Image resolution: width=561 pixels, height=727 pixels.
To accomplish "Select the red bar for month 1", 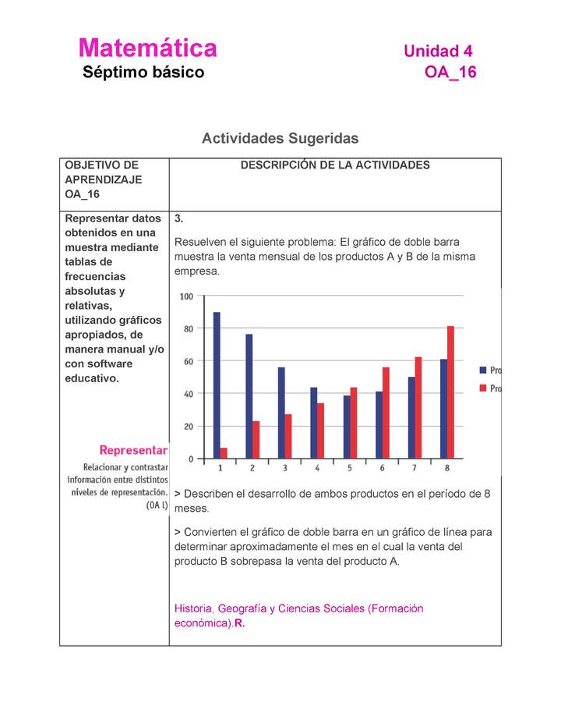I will (224, 453).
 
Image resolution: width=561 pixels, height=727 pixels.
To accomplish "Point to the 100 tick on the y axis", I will (187, 296).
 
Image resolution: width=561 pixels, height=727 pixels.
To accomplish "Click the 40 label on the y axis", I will (187, 394).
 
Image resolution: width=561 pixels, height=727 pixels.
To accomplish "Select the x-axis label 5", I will (350, 468).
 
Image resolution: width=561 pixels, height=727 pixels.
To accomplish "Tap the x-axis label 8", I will (447, 468).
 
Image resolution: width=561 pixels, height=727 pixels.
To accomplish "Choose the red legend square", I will (483, 388).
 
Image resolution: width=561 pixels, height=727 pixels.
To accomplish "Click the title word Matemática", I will (147, 48).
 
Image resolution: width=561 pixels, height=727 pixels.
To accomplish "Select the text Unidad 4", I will (438, 51).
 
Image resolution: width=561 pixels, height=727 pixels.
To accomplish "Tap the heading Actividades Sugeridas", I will (280, 138).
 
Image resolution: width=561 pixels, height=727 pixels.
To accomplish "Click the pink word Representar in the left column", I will (133, 450).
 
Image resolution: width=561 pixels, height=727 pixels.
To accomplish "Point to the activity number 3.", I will (179, 218).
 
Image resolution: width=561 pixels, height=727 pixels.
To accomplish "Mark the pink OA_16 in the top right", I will (450, 73).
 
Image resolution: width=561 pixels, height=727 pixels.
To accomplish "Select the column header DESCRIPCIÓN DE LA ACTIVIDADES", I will (335, 165).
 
